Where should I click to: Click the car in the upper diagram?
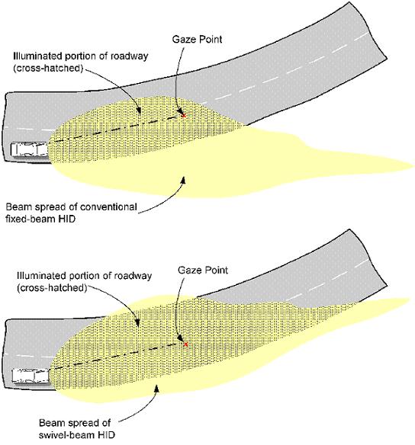[30, 149]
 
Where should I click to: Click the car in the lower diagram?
[31, 376]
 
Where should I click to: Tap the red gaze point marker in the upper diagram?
[184, 115]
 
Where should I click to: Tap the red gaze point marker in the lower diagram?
[186, 344]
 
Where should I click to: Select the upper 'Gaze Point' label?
[197, 39]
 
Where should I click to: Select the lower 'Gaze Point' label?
[203, 270]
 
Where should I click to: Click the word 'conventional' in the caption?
[108, 206]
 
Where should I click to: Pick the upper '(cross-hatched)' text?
[48, 69]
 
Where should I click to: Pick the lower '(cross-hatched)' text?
[52, 288]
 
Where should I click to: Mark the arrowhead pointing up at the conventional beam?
[184, 181]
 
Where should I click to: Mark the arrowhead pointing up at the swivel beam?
[156, 389]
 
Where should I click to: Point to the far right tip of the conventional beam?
[414, 165]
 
